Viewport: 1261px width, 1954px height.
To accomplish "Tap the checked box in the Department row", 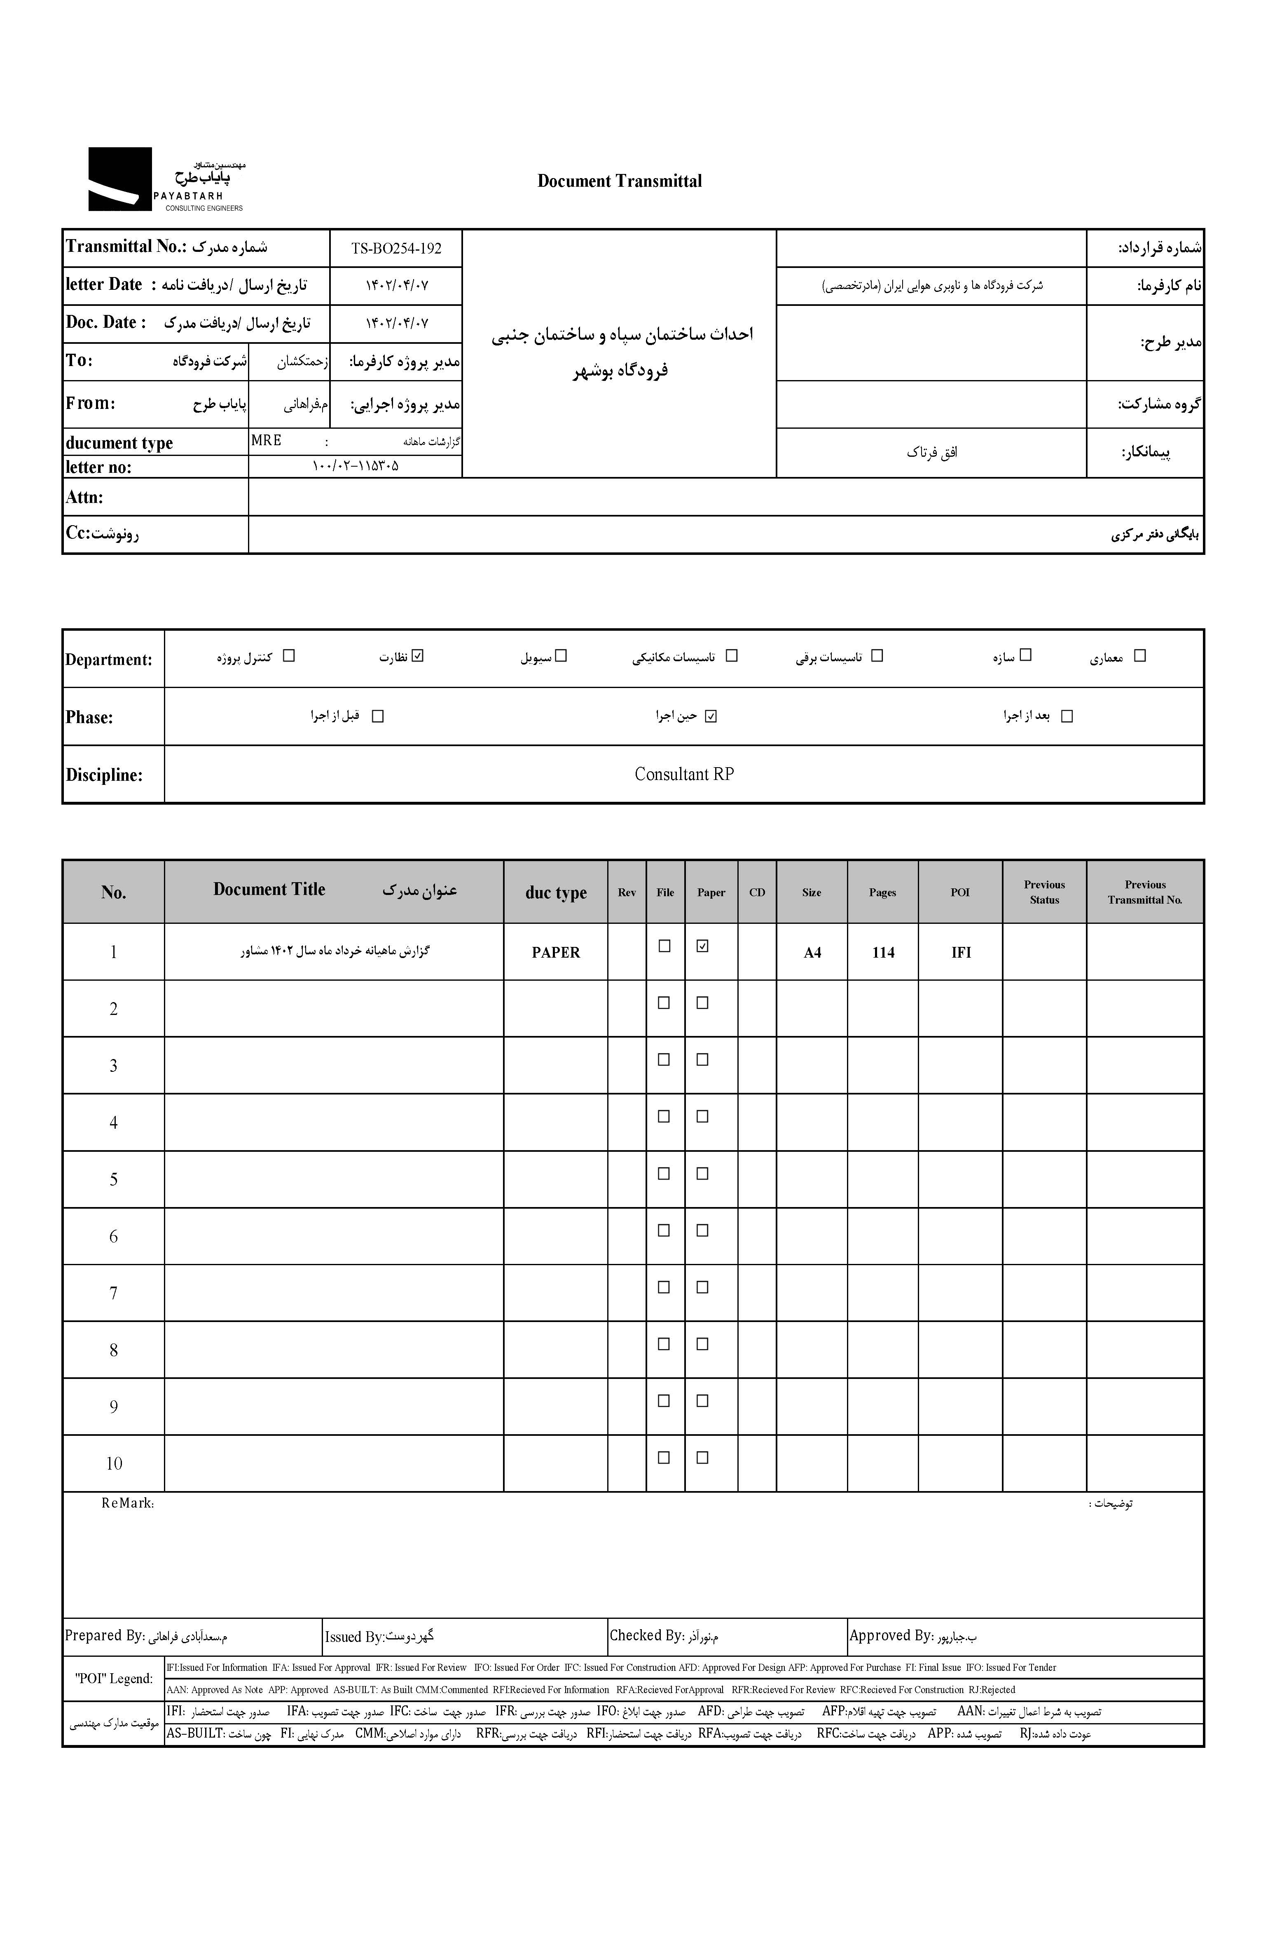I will point(419,655).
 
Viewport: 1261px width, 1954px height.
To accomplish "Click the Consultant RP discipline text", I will point(684,774).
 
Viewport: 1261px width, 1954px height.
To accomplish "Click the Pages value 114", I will point(883,952).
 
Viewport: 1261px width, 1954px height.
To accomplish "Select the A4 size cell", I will point(812,952).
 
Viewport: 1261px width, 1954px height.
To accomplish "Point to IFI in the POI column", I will point(961,952).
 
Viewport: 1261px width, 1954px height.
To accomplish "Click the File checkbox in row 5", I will point(664,1173).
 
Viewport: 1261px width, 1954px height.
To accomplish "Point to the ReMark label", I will point(128,1503).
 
